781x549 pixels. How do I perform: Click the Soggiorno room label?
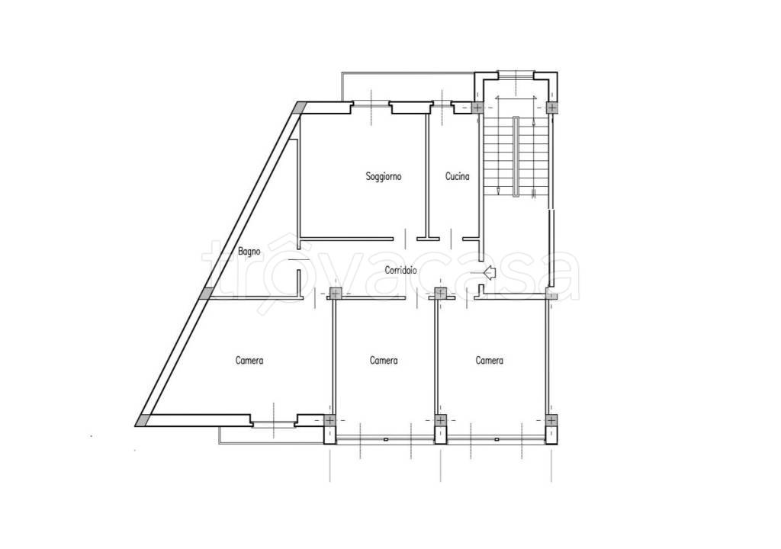384,176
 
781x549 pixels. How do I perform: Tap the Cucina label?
458,176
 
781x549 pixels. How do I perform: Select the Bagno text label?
249,252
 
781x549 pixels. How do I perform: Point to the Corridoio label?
401,271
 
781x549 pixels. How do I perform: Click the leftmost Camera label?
249,360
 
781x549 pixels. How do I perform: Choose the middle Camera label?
384,360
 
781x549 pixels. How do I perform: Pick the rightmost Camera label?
489,360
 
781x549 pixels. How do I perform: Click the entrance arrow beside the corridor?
490,272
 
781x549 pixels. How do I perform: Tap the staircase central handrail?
516,157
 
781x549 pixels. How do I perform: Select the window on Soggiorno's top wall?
371,104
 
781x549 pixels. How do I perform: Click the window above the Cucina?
442,104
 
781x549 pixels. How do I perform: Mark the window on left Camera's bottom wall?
274,424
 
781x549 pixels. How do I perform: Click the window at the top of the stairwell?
516,75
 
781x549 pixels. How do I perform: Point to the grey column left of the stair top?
477,108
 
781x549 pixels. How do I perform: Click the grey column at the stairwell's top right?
552,108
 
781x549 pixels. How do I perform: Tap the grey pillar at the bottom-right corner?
551,420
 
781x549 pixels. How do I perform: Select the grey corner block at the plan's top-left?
299,108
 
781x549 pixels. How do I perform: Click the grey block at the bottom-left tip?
143,420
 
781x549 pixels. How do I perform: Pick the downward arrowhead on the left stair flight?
498,191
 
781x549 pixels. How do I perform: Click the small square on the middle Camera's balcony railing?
385,439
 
